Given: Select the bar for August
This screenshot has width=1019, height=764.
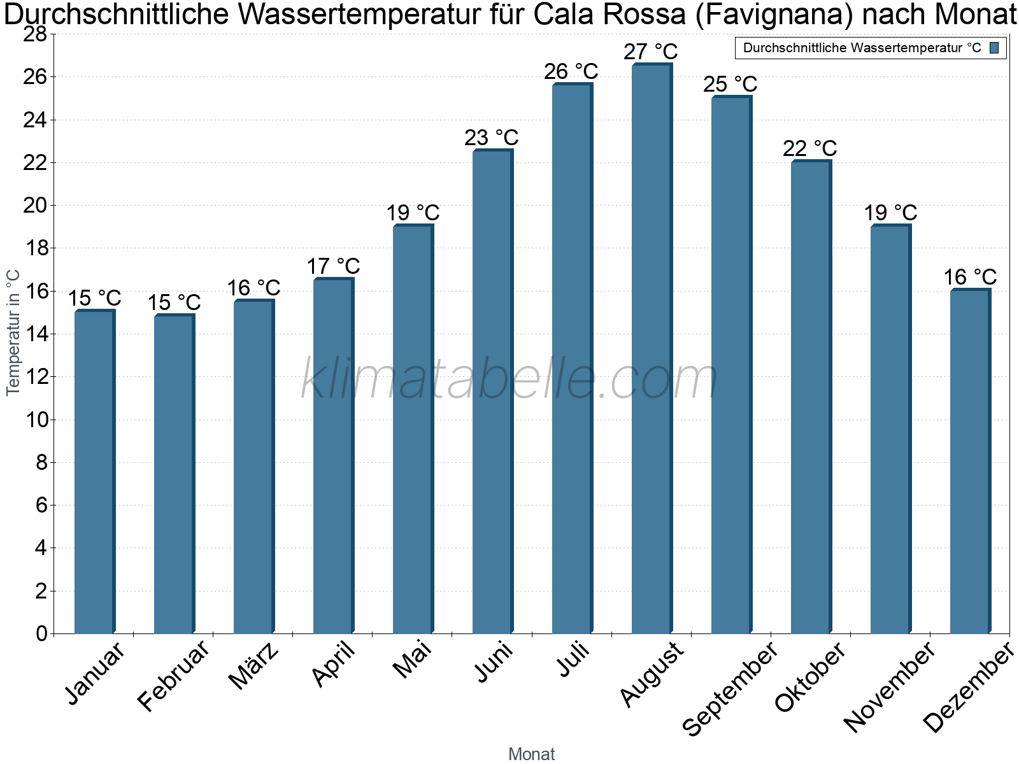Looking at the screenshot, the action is coord(652,348).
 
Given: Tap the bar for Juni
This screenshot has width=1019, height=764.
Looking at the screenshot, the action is coord(493,391).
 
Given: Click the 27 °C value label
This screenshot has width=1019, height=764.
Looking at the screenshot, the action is coord(650,52).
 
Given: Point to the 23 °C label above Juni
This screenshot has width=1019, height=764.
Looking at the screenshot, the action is coord(491,138).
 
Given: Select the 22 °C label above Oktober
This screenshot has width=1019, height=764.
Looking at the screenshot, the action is coord(809,148).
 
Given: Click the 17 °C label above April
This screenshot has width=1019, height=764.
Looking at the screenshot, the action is coord(333,266).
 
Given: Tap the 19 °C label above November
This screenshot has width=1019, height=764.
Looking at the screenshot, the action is coord(890,213).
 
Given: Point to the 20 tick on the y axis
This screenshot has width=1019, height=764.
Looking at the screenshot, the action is coord(35,205).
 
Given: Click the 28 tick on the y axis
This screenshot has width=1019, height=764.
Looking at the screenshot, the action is coord(35,34).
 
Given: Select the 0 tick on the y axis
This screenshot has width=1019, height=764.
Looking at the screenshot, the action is coord(42,633).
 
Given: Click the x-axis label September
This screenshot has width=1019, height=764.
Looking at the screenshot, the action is coord(730,688).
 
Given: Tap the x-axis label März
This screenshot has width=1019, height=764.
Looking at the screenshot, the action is coord(253,666).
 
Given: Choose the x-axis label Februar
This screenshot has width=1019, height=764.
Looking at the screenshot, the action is coord(173,676).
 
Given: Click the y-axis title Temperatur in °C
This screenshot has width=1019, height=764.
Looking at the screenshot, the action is coord(13,333).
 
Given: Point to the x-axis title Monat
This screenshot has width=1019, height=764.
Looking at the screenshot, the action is coord(532,754).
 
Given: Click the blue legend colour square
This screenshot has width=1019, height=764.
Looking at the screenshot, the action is coord(994,48).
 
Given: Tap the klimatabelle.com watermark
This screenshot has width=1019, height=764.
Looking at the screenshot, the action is coord(509,378).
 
